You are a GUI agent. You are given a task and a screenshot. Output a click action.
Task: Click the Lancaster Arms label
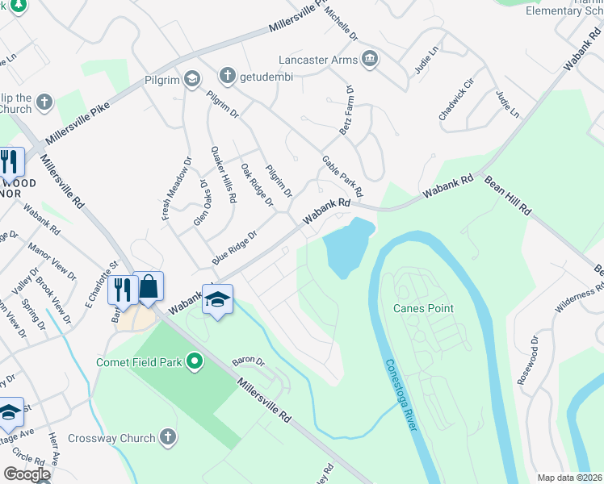(x=317, y=60)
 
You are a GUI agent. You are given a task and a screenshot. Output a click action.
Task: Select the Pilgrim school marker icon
(x=191, y=78)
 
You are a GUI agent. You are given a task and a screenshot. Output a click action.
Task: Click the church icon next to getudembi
(x=227, y=77)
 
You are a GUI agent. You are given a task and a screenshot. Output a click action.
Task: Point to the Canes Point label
(x=423, y=308)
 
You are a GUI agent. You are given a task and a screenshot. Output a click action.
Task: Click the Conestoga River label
(x=401, y=394)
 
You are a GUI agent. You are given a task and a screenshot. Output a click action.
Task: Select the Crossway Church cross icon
(x=167, y=437)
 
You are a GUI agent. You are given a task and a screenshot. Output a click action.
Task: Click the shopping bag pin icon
(x=149, y=286)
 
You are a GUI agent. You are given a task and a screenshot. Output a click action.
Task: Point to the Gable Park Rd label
(x=342, y=177)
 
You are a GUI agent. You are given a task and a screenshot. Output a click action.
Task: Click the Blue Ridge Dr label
(x=234, y=248)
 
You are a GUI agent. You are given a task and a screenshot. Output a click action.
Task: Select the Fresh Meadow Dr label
(x=167, y=188)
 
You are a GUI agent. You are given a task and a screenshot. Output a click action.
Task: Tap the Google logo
(x=27, y=474)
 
